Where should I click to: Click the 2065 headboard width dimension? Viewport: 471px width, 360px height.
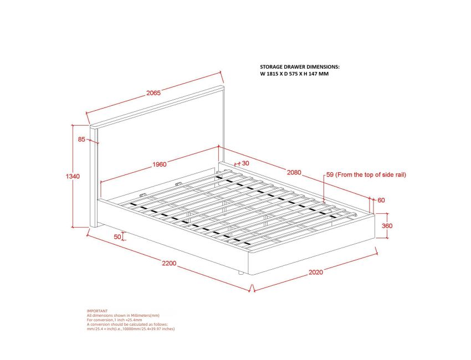coord(153,93)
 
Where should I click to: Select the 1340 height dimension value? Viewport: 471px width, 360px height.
coord(73,176)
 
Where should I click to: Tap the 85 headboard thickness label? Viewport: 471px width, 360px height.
coord(82,140)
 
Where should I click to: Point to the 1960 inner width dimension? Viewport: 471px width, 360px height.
coord(160,164)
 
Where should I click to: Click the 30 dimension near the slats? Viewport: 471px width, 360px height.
coord(245,163)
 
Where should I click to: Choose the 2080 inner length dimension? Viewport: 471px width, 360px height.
coord(294,172)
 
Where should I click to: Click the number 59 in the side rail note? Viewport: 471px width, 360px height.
coord(330,174)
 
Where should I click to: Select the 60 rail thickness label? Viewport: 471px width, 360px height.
coord(381,200)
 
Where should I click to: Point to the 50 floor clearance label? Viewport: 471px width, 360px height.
coord(117,236)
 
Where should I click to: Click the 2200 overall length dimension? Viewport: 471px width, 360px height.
coord(169,263)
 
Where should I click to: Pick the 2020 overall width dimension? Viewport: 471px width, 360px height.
coord(315,272)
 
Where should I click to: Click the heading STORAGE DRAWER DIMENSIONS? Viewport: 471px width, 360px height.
coord(300,66)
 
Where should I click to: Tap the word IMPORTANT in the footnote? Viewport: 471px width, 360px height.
coord(98,311)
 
